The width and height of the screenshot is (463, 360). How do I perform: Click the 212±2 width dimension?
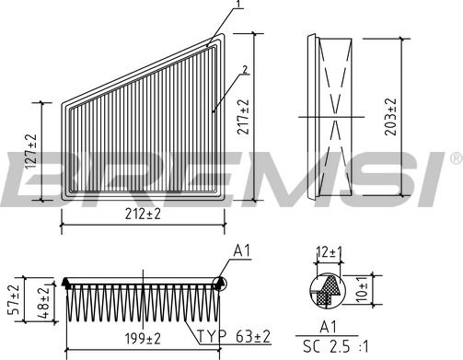click(143, 215)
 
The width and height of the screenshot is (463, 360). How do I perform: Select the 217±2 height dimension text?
click(244, 117)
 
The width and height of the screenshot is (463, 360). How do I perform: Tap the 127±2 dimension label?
click(30, 152)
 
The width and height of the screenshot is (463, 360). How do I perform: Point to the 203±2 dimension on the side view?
click(390, 117)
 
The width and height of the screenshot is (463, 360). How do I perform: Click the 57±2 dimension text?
click(14, 299)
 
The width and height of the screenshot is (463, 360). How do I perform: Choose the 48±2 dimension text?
click(43, 302)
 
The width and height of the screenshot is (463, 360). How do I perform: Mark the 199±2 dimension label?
click(143, 339)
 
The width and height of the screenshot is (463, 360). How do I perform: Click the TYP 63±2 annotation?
click(234, 336)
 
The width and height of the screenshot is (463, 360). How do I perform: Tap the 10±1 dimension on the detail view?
click(362, 290)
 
